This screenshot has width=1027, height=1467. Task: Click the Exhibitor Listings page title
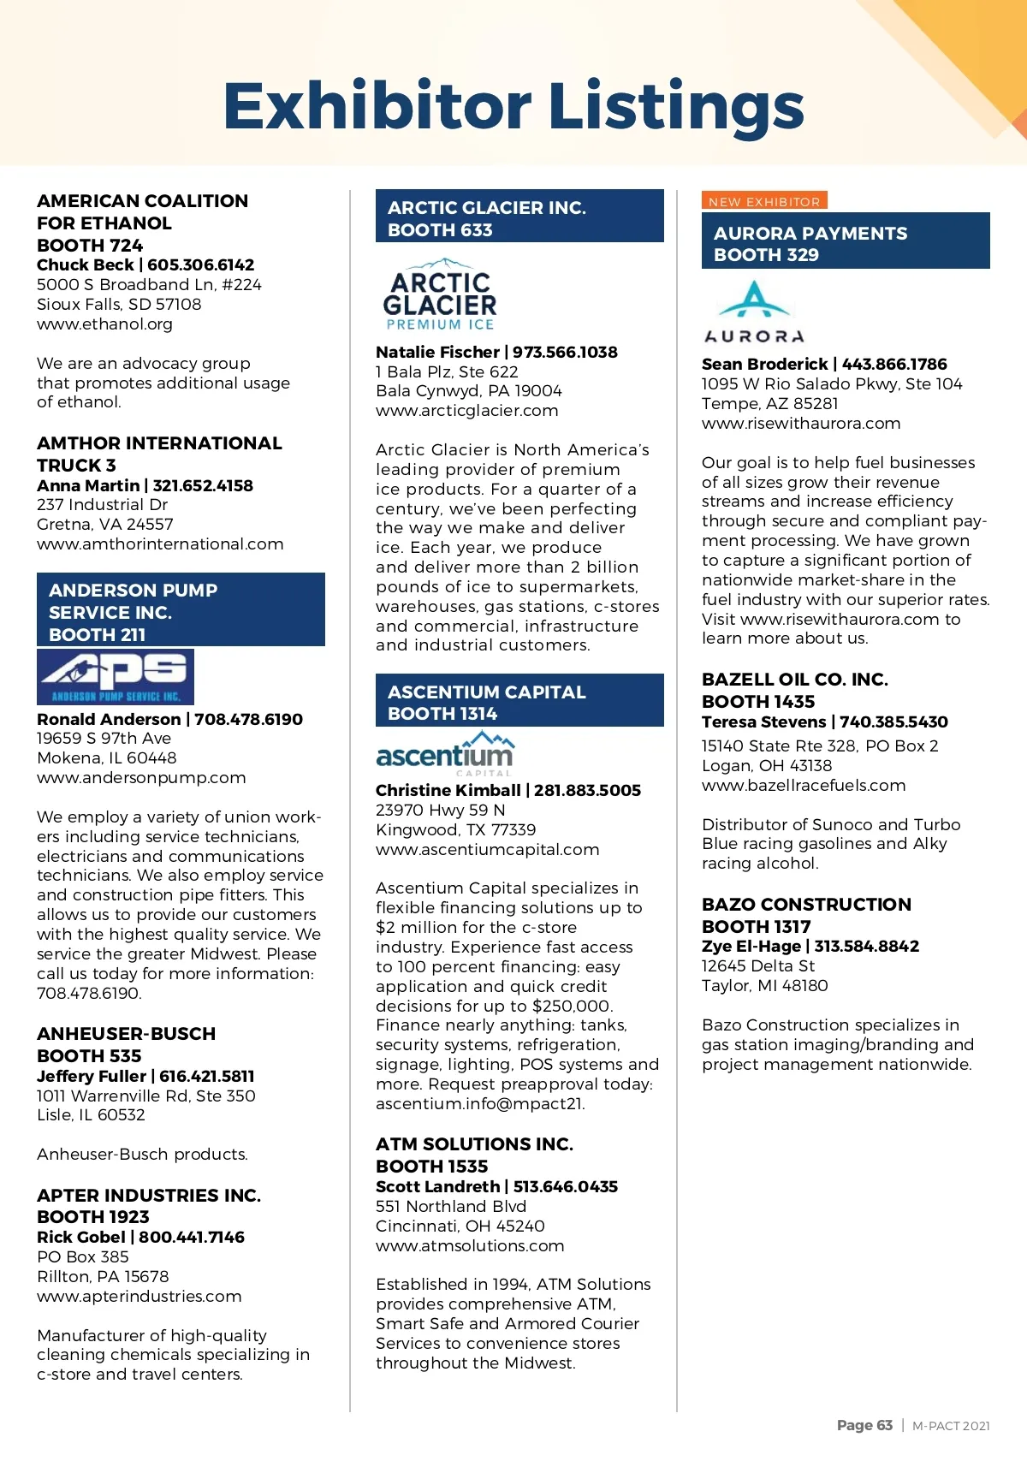click(513, 106)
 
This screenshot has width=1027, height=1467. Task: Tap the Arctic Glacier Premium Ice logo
click(440, 294)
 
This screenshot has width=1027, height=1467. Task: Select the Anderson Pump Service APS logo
click(116, 676)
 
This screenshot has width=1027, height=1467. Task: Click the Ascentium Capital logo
click(445, 752)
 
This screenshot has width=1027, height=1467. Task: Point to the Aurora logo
click(754, 313)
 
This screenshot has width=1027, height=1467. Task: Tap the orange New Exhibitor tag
click(764, 201)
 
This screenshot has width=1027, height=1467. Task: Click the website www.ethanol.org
click(104, 324)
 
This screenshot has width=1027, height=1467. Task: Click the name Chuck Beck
click(85, 265)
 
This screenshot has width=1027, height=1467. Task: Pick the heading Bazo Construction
click(806, 905)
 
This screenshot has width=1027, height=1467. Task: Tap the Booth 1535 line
click(431, 1166)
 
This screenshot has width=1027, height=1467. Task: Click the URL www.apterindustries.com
click(139, 1296)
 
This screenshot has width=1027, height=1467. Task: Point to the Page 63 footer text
click(864, 1425)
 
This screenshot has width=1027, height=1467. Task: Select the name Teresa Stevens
click(763, 722)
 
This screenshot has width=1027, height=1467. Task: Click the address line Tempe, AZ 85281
click(769, 403)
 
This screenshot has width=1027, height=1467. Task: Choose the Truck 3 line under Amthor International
click(76, 466)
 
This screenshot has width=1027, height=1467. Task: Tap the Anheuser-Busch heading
click(126, 1034)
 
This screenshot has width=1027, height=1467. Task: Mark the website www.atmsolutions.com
click(470, 1245)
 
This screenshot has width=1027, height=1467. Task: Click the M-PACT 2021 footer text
click(951, 1426)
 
